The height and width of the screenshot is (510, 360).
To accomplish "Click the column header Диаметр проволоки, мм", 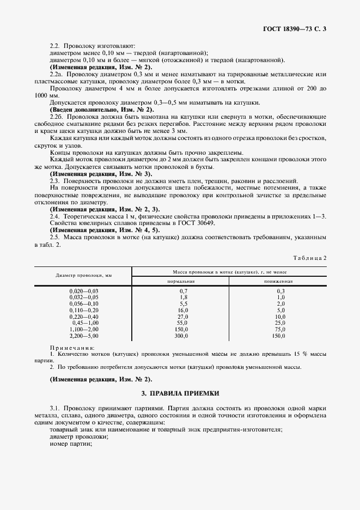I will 83,275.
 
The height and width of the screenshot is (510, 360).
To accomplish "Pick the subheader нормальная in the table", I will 180,281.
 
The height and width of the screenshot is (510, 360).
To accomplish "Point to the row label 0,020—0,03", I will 83,292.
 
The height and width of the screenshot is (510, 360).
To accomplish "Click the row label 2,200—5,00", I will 83,337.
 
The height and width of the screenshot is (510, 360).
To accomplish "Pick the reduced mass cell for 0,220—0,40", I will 280,317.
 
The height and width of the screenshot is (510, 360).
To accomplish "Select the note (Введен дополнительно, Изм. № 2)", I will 101,110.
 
